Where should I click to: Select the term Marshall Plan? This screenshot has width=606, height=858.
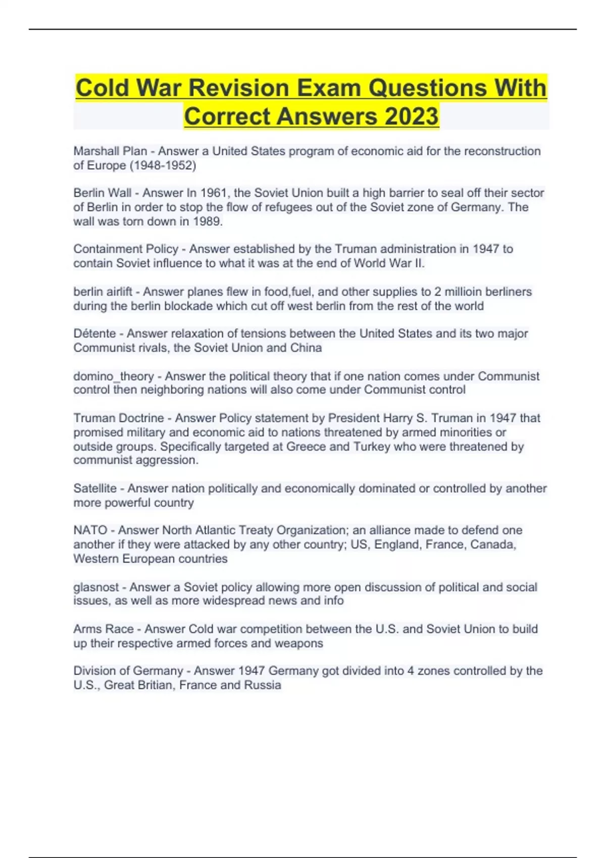(110, 151)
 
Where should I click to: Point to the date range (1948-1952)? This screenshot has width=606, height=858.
(163, 165)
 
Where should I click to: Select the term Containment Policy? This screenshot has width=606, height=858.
(126, 249)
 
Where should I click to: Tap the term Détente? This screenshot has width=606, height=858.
(94, 334)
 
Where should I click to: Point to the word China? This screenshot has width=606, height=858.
(306, 348)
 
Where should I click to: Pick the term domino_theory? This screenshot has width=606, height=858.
(113, 376)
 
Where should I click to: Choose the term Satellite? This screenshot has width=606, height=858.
(95, 488)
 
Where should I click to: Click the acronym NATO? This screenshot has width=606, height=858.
(90, 530)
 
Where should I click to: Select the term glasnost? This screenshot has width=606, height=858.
(96, 587)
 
